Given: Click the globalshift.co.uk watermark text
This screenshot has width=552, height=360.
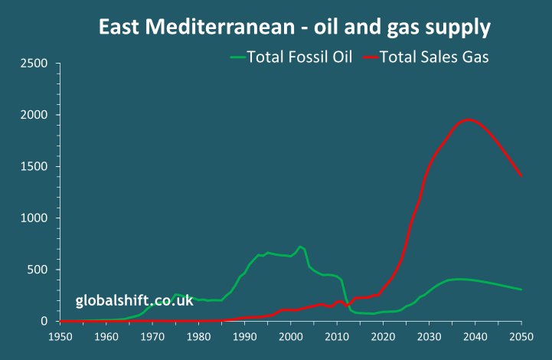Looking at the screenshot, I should tap(134, 301).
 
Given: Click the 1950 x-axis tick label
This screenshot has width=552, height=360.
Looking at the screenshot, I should tap(60, 337).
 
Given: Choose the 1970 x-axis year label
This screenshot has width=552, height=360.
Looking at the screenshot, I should tap(152, 337).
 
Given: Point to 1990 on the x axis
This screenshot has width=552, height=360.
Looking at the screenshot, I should tap(245, 337).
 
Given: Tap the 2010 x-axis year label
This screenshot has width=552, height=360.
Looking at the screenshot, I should tap(337, 337).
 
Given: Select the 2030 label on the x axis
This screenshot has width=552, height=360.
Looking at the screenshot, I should tap(430, 337).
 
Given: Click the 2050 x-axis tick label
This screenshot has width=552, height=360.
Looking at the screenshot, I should tap(521, 337).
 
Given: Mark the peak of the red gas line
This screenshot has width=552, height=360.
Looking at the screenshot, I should tap(469, 119).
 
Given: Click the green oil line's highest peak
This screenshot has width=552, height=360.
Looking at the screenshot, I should tap(301, 247).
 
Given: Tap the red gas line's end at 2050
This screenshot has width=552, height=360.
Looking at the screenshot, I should tap(521, 176).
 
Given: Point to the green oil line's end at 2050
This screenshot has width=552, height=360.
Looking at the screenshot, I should tap(521, 290).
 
